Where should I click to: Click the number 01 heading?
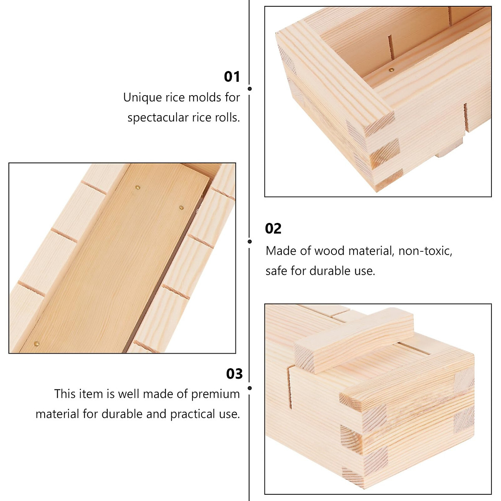(232, 77)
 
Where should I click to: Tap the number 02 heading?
(273, 229)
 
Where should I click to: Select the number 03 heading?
(234, 374)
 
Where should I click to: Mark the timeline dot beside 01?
(250, 89)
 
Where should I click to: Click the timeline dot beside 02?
(250, 242)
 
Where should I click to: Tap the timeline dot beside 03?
(250, 388)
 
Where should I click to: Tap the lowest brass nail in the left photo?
(36, 344)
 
